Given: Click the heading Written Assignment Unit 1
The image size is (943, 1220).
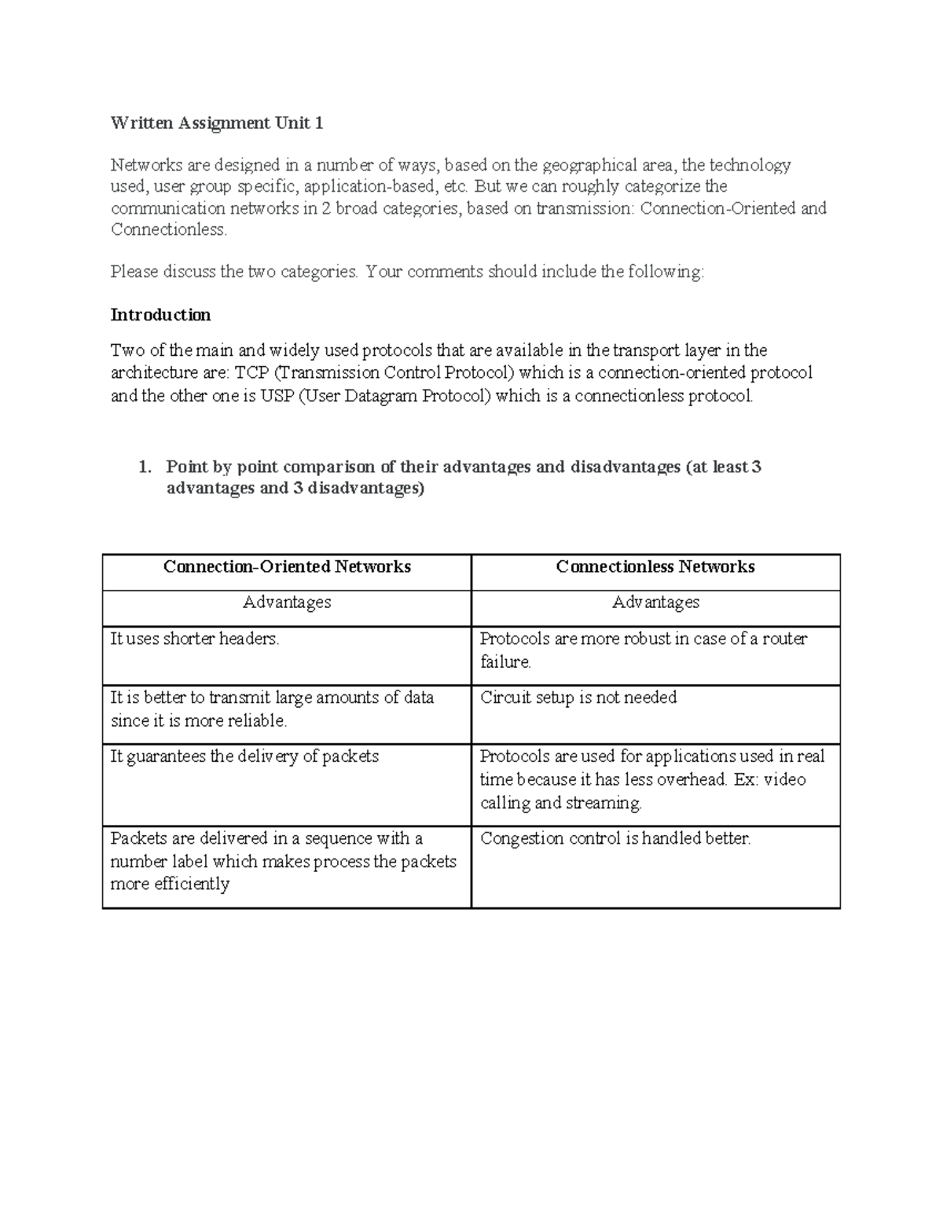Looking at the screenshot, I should coord(217,123).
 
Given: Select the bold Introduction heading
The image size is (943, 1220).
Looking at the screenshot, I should coord(160,315).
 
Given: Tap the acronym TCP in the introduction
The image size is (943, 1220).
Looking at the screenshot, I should coord(251,372).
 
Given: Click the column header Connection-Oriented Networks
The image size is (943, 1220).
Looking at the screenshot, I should coord(287,566).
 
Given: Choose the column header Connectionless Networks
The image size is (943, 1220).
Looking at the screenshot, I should coord(655,566).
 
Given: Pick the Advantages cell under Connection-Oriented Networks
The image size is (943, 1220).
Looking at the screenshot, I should coord(287,603).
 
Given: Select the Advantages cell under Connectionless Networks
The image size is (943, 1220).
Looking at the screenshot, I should coord(655,603).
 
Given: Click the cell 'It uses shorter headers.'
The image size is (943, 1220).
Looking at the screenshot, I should coord(195,639).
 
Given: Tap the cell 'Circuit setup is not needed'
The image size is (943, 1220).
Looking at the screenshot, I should coord(578,698).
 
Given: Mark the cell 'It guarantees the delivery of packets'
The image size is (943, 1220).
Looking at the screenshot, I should coord(244,757).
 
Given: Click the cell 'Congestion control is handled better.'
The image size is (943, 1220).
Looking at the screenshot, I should coord(615,838).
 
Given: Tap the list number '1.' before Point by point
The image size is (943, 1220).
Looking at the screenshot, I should coord(144,467).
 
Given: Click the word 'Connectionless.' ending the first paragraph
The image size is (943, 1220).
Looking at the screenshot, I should coord(169,229).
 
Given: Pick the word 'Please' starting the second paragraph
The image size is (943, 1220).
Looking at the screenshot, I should coord(134,272).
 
